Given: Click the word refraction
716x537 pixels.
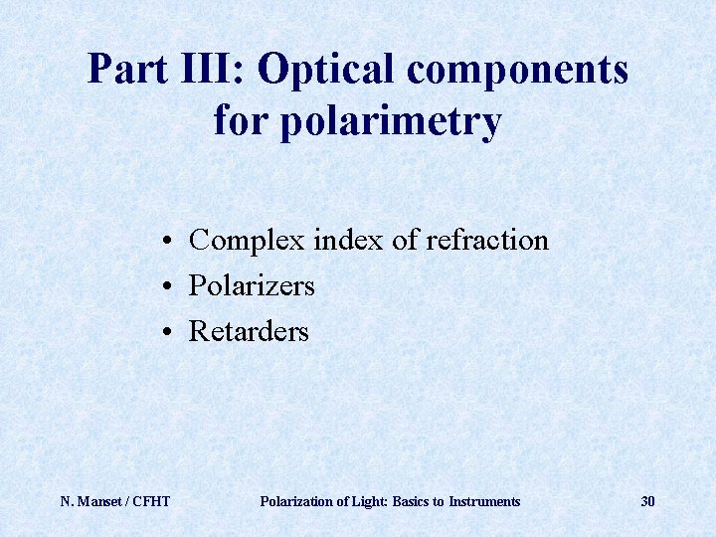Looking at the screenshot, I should (486, 241).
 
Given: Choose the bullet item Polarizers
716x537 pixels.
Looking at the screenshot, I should (252, 286).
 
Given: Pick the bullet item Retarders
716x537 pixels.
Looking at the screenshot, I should (249, 331).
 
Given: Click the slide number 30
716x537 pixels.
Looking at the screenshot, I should (647, 501).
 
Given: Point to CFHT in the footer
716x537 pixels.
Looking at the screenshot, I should (151, 501).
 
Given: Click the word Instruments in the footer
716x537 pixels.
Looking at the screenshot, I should (484, 501).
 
